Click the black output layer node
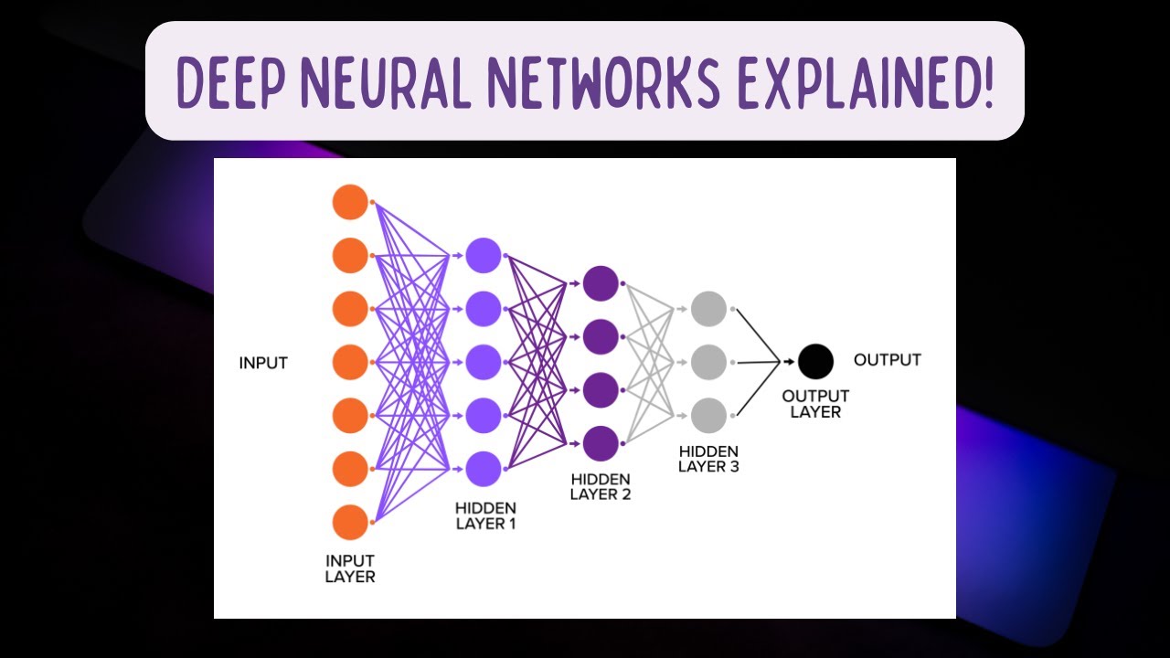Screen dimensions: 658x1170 tap(815, 362)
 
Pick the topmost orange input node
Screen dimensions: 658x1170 tap(350, 202)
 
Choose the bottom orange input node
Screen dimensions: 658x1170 tap(350, 523)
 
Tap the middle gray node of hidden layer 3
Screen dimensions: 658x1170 tap(708, 362)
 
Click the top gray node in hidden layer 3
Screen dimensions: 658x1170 tap(708, 309)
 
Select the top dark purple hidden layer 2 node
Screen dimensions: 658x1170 tap(601, 283)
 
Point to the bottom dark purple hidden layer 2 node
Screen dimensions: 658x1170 tap(601, 443)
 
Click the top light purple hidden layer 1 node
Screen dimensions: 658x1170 tap(484, 256)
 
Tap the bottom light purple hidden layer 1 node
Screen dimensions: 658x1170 tap(484, 470)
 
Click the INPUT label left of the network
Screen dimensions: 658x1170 tap(263, 363)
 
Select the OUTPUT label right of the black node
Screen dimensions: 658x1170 tap(887, 360)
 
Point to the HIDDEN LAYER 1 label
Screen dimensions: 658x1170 tap(484, 516)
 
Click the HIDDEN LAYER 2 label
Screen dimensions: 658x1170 tap(601, 487)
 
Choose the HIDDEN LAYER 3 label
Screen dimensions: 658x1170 tap(708, 460)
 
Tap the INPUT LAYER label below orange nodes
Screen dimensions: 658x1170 tap(350, 568)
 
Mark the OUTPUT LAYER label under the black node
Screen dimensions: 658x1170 tap(815, 404)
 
